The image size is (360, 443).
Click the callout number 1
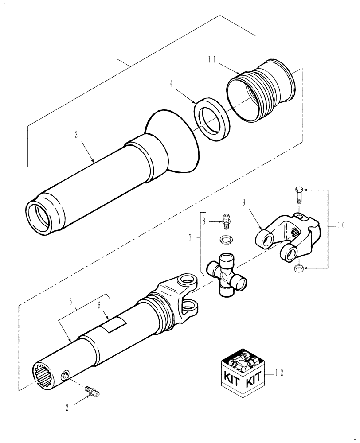(110, 56)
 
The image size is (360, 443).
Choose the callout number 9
(243, 203)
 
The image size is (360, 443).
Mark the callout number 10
(340, 225)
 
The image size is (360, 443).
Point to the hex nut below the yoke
(298, 268)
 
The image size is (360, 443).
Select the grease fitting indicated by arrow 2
(93, 391)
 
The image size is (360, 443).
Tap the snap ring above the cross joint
(227, 240)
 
